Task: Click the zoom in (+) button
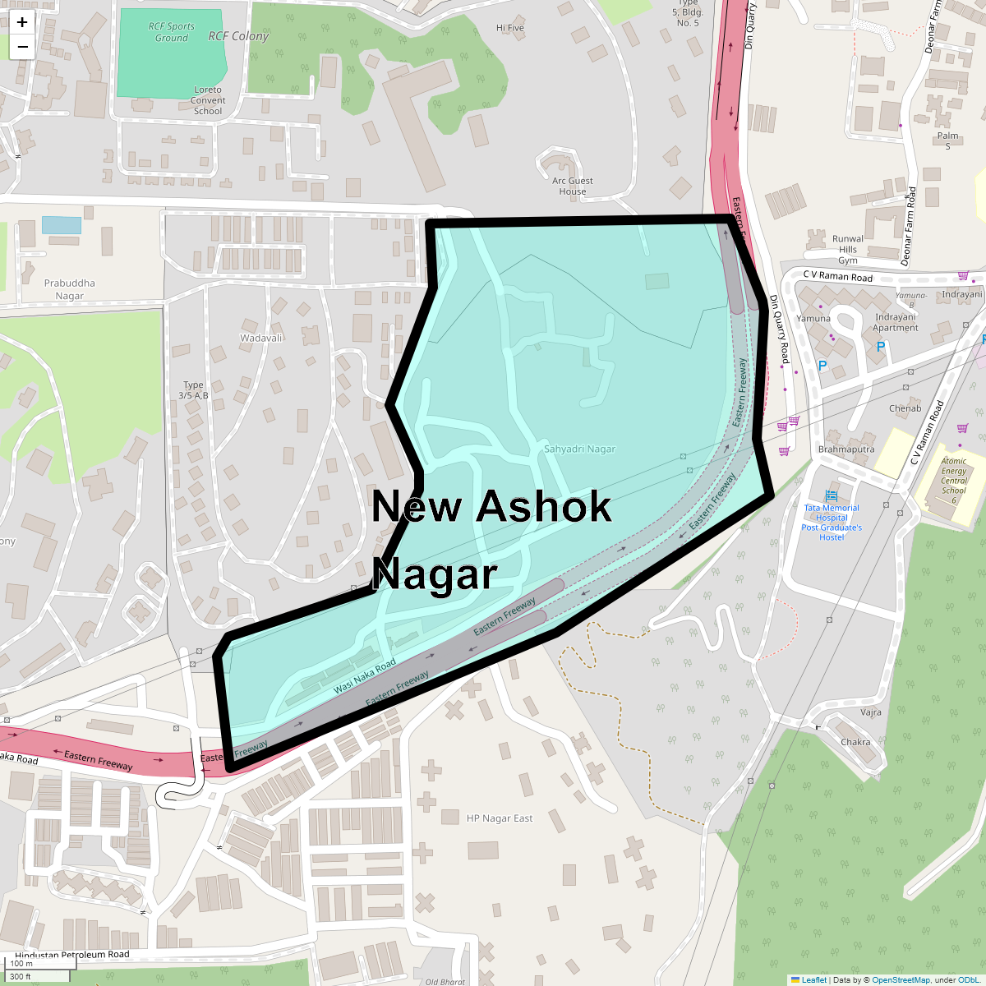click(x=22, y=22)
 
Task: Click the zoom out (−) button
click(x=22, y=47)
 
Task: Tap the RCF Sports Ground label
click(x=172, y=32)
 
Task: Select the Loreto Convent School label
click(x=208, y=100)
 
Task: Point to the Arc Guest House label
click(x=573, y=186)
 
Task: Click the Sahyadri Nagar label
click(x=579, y=449)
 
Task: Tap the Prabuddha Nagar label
click(x=70, y=289)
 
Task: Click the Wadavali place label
click(x=261, y=338)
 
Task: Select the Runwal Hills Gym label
click(x=848, y=249)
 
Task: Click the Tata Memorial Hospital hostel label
click(x=832, y=523)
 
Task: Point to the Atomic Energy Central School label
click(x=954, y=481)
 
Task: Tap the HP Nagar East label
click(x=500, y=818)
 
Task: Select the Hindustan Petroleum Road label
click(x=72, y=955)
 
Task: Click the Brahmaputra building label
click(x=846, y=449)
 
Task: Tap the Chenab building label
click(x=905, y=408)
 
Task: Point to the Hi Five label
click(x=510, y=28)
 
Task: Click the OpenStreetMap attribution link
click(x=901, y=979)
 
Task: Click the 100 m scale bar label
click(x=22, y=964)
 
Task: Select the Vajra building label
click(x=871, y=712)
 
